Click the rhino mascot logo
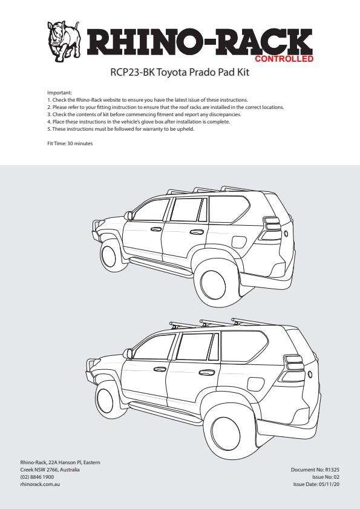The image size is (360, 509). coord(64,41)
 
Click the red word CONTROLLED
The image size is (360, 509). coord(284,59)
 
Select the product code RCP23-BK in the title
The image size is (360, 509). coord(132,72)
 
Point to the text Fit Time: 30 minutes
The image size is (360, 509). coord(70,143)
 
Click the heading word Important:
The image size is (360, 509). coord(59,93)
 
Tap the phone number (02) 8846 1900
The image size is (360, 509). coord(37,477)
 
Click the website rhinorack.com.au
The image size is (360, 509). coord(40,484)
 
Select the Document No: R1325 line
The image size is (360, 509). coord(315,470)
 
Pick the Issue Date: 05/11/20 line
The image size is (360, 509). coord(316,484)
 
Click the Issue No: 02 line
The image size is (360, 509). coord(326,477)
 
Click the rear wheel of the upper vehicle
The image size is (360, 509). coord(213,284)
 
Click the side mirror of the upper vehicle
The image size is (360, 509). coord(128,215)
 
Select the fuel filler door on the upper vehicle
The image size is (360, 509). coord(239,243)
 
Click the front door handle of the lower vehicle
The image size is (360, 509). coord(160,369)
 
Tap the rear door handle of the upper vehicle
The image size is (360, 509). coord(197,232)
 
